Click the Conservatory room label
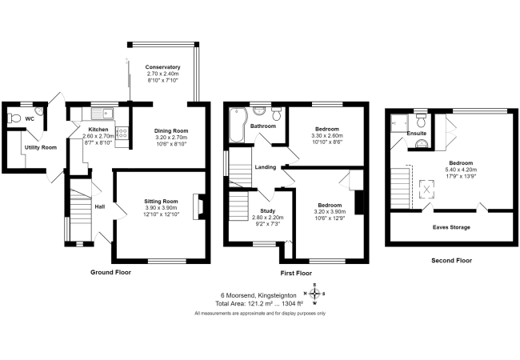tap(162, 67)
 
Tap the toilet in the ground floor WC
tap(14, 118)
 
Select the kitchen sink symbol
tap(102, 114)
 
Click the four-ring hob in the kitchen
tap(122, 134)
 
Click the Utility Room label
tap(41, 147)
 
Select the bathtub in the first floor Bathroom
tap(238, 125)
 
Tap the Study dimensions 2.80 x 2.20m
tap(268, 218)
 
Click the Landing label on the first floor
tap(266, 167)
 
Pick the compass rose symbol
tap(314, 294)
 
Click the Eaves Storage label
tap(451, 227)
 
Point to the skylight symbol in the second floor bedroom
tap(427, 190)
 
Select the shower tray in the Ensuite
tap(399, 122)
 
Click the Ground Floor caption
tap(110, 273)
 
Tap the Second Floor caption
tap(452, 261)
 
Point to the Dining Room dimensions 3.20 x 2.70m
tap(171, 138)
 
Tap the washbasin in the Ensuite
tap(421, 143)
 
